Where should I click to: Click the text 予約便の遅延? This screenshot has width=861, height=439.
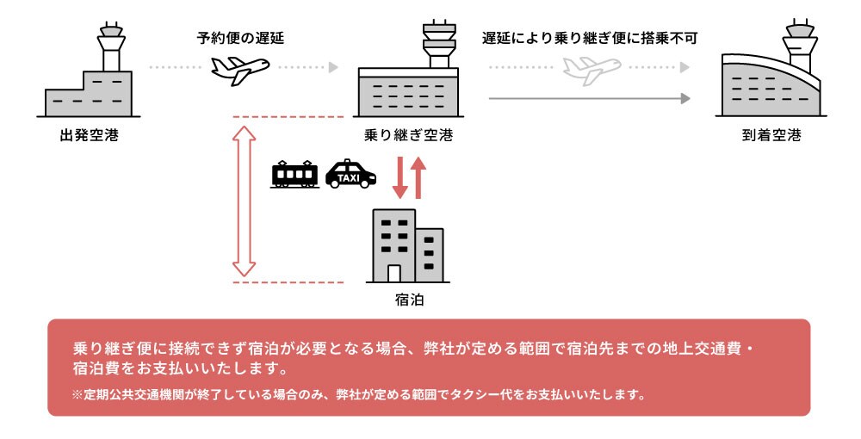240,38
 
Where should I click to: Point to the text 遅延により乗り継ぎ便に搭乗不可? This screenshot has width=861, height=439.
589,38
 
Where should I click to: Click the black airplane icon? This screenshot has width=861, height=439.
240,69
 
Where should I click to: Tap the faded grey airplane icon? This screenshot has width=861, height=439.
592,69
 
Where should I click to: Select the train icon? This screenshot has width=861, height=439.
294,175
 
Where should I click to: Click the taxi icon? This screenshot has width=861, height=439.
350,174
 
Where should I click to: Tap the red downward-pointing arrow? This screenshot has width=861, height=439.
400,177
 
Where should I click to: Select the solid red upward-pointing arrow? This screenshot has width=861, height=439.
418,177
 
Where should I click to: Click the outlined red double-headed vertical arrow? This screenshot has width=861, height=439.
245,200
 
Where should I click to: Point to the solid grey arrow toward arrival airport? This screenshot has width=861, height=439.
589,99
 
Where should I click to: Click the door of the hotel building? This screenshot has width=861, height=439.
394,274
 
